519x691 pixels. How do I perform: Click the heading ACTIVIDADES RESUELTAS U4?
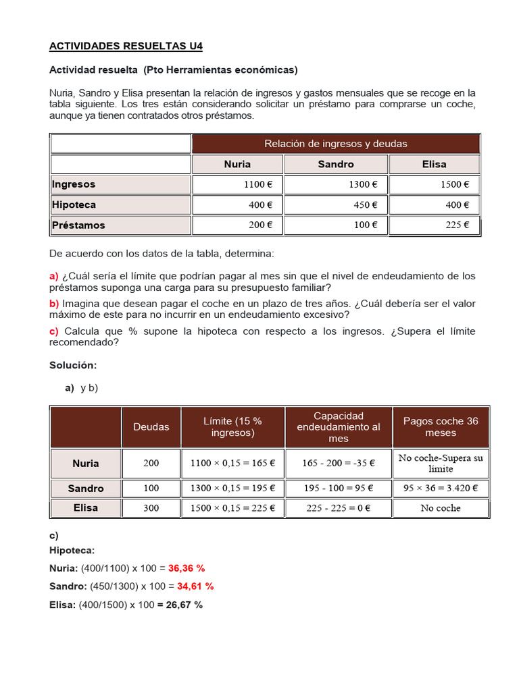[126, 47]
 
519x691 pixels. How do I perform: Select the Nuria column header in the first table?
[237, 164]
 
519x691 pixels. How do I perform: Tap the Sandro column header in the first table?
[335, 164]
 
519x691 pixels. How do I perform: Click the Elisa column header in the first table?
[434, 164]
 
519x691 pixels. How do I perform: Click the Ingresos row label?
[74, 184]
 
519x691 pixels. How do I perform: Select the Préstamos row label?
[78, 225]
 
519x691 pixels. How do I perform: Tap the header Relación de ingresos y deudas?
[335, 144]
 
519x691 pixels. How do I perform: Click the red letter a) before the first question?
[54, 276]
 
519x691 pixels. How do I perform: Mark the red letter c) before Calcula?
[54, 331]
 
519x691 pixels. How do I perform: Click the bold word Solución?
[73, 365]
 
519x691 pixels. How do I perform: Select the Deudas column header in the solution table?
[151, 426]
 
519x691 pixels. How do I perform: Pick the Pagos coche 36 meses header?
[441, 426]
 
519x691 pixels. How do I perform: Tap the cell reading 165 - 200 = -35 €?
[339, 464]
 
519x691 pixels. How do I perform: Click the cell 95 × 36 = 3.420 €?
[441, 488]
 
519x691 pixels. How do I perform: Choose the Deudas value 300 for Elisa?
[151, 508]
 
